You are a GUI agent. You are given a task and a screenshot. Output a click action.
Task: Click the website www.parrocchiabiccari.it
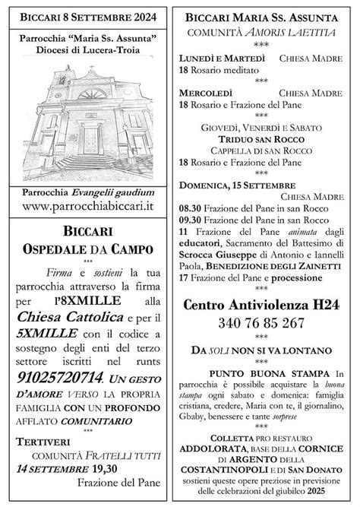90,206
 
